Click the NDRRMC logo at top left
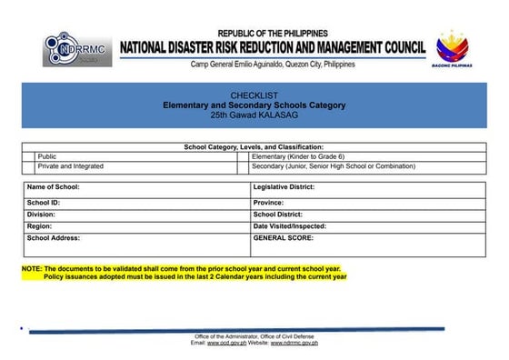click(77, 49)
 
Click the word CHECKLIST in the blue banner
click(254, 95)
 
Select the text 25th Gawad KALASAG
click(254, 115)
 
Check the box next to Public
click(29, 156)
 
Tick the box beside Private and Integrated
click(29, 166)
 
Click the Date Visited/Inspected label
click(289, 225)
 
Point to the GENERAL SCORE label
click(283, 237)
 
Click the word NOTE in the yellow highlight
click(32, 269)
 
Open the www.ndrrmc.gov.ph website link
click(293, 343)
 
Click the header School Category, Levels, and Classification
click(254, 146)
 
